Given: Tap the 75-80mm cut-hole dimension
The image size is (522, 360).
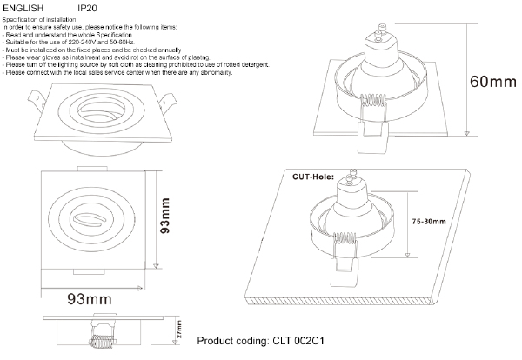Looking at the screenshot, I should [x=430, y=222].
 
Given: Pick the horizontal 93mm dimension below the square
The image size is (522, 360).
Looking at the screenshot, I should [x=90, y=300].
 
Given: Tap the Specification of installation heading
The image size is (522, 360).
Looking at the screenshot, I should [x=40, y=18].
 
